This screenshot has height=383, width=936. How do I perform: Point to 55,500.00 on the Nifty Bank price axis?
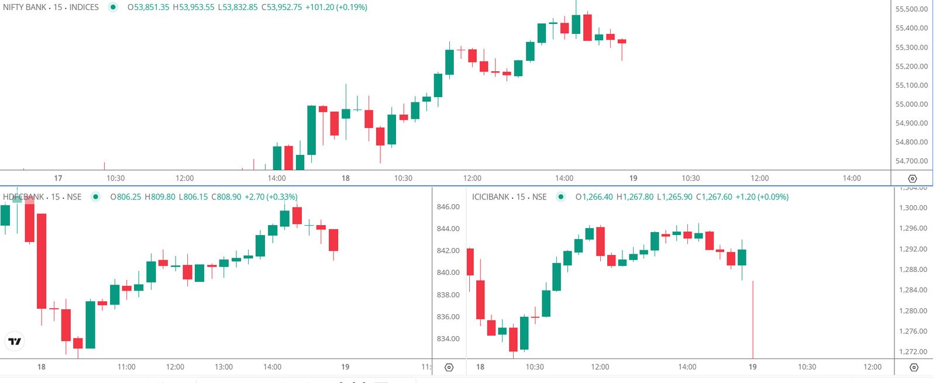click(x=911, y=9)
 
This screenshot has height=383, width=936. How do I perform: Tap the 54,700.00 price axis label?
click(x=911, y=161)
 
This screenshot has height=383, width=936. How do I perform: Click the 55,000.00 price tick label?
click(x=911, y=104)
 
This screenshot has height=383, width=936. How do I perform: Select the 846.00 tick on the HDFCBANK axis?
click(x=448, y=207)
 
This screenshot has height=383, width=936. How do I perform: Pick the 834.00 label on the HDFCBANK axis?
click(x=448, y=339)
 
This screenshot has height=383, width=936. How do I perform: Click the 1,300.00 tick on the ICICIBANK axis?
click(x=913, y=208)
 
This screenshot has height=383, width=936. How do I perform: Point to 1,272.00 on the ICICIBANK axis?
click(x=913, y=351)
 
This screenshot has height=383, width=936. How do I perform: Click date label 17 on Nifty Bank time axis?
click(x=58, y=178)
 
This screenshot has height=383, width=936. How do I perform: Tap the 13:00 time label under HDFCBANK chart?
click(x=223, y=367)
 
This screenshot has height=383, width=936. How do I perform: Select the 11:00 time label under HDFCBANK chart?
click(x=126, y=367)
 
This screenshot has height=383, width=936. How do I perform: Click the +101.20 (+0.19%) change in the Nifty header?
click(x=336, y=8)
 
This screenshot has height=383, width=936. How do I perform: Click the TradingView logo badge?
click(x=15, y=341)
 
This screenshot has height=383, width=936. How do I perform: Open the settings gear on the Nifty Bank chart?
click(x=912, y=179)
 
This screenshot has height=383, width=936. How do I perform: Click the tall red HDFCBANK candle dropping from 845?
click(x=42, y=261)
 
